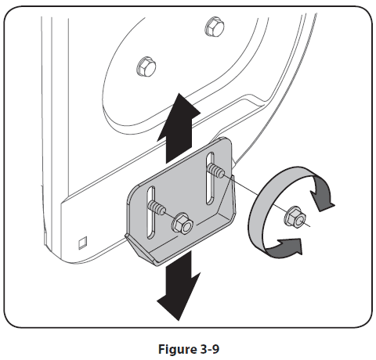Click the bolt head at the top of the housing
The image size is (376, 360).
point(209,27)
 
